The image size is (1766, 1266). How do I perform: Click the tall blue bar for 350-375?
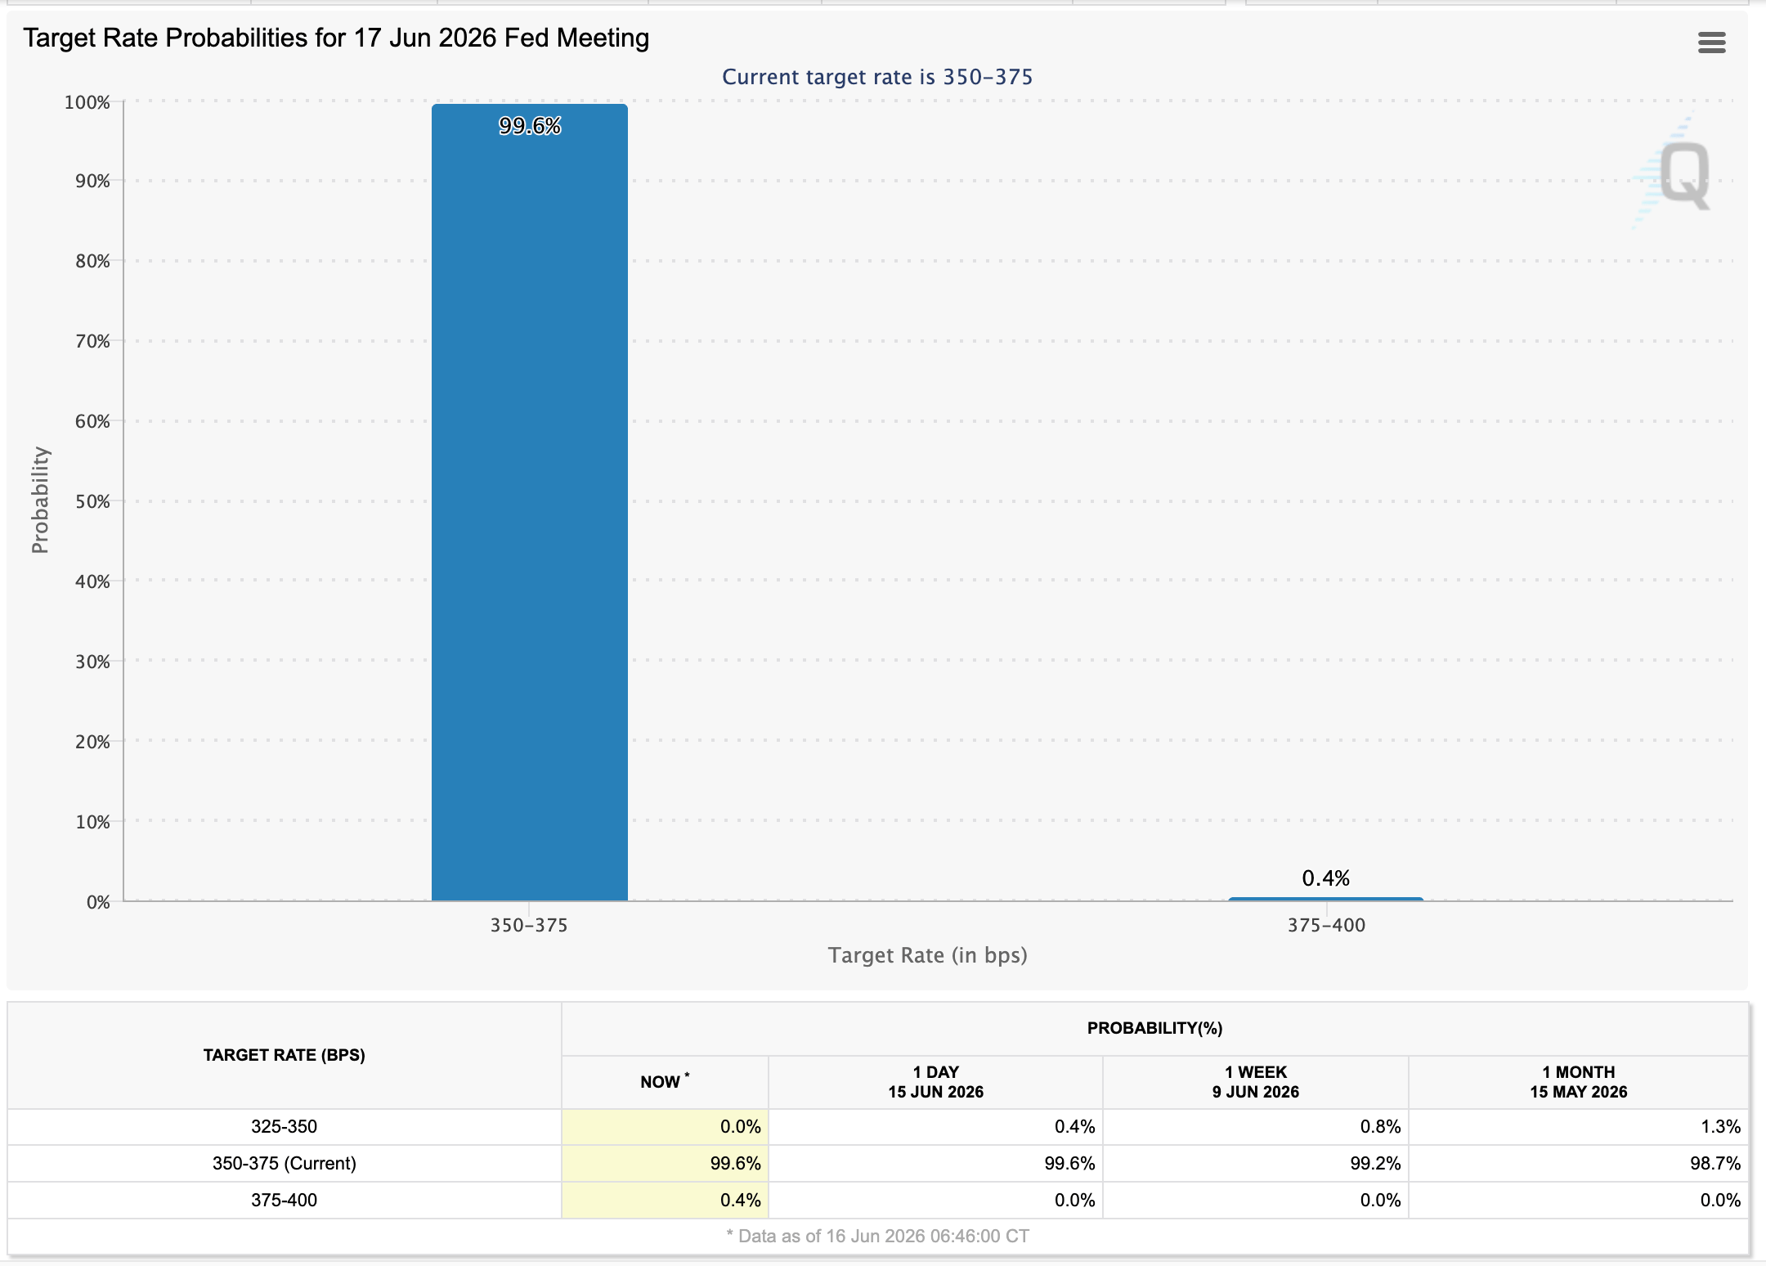[530, 502]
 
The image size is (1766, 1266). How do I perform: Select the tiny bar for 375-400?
[1326, 899]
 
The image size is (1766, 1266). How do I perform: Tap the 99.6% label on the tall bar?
[530, 126]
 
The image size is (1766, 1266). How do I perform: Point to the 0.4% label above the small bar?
[1326, 878]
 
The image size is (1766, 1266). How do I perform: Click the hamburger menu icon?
[1712, 43]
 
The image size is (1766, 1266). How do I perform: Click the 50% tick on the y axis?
[92, 501]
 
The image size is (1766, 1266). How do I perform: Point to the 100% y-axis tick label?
[87, 102]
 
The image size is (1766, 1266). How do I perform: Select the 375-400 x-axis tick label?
[1326, 925]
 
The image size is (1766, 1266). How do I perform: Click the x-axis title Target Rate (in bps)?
[928, 955]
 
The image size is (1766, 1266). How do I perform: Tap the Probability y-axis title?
[40, 501]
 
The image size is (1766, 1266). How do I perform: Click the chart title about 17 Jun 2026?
[336, 38]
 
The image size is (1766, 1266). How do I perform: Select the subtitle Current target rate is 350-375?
[877, 77]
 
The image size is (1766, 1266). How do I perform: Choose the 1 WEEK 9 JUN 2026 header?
[1256, 1082]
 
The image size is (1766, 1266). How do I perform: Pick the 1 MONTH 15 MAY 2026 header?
[1579, 1082]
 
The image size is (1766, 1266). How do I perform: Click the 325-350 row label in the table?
[284, 1126]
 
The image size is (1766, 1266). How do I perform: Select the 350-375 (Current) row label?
[284, 1163]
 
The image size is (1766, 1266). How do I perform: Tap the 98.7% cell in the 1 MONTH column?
[1715, 1163]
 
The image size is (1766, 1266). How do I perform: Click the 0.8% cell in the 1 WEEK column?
[1380, 1126]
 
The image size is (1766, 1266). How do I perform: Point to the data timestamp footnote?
[877, 1236]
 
